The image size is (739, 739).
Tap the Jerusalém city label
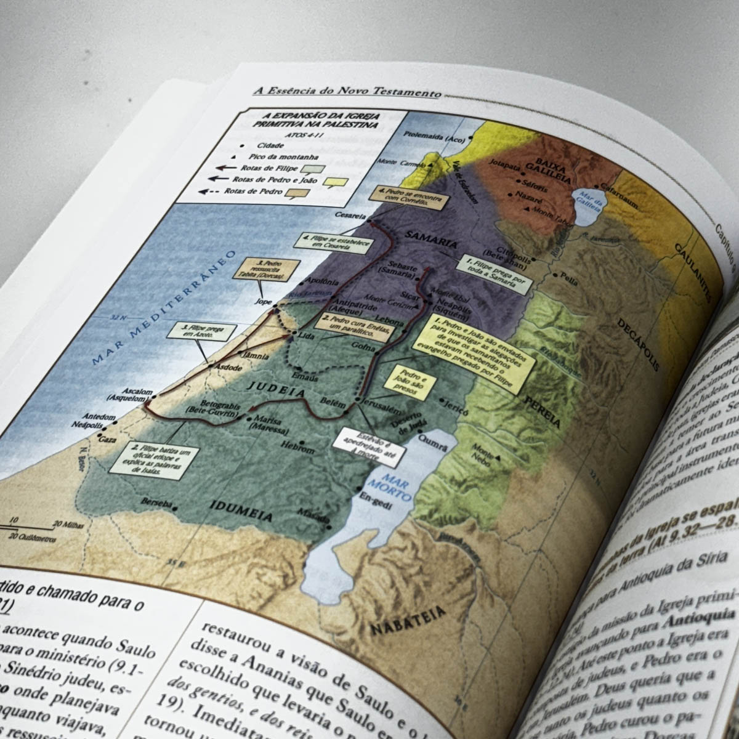(381, 409)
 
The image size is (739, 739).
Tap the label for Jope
(263, 302)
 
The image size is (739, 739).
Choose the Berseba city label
(156, 502)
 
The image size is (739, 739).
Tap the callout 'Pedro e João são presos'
(410, 382)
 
